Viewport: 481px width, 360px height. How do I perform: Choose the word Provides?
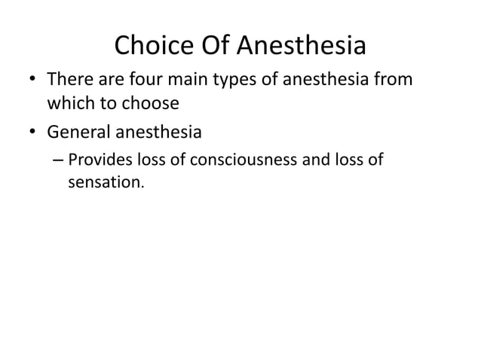click(x=97, y=160)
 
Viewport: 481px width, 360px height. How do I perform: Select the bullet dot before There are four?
click(x=33, y=79)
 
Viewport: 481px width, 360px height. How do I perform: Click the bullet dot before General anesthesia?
click(x=33, y=135)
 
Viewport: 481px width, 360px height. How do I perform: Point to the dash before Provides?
click(x=58, y=160)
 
